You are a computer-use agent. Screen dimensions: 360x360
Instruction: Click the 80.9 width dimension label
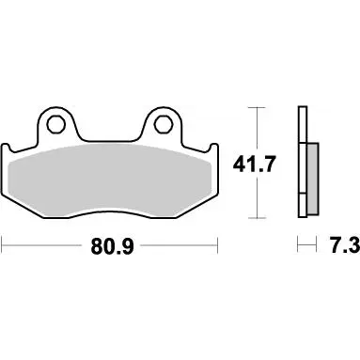[113, 246]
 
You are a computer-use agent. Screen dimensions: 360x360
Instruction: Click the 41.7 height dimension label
[254, 164]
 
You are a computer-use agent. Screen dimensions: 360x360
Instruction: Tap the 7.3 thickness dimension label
[345, 245]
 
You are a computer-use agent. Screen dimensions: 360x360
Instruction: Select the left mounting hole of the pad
[56, 124]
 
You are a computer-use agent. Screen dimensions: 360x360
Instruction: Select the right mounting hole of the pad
[163, 123]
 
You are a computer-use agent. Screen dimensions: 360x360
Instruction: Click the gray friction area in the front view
[110, 180]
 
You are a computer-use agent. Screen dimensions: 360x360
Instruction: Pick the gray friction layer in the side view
[313, 179]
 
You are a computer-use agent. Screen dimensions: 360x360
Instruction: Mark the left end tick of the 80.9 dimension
[3, 245]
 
